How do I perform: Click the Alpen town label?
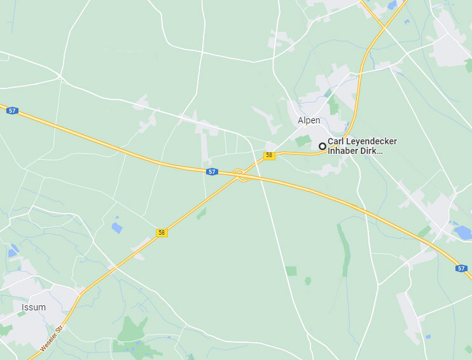[309, 120]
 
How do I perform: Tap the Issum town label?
[34, 307]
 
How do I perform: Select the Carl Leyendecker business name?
[361, 142]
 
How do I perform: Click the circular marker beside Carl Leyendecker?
[323, 146]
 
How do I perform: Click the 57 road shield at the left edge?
[12, 111]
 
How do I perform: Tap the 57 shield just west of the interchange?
[212, 172]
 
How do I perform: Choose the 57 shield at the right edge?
[461, 268]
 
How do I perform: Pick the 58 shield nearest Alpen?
[270, 156]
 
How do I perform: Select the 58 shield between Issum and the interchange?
[162, 233]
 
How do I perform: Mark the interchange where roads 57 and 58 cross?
[240, 174]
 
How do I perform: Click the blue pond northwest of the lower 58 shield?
[116, 227]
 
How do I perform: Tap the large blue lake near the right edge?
[462, 232]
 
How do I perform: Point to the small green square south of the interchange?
[291, 271]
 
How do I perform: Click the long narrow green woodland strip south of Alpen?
[344, 248]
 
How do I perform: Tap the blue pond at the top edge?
[392, 5]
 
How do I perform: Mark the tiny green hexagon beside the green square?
[308, 280]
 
